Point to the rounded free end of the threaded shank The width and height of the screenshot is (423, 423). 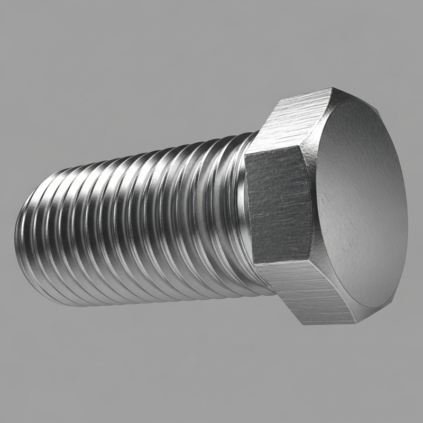[x=24, y=233]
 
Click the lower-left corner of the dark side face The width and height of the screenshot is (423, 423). [x=253, y=262]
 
